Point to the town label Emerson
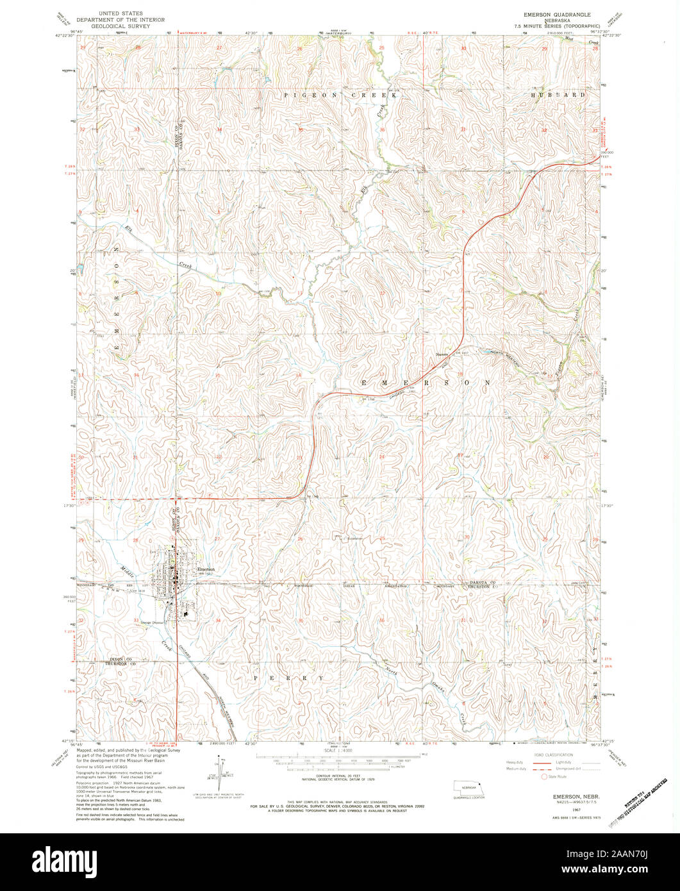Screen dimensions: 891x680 206,569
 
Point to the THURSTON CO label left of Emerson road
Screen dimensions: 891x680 119,665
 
